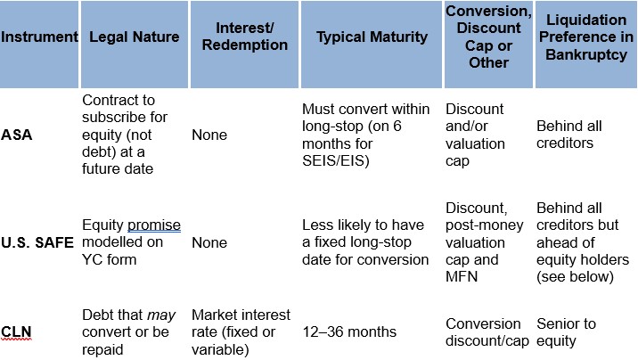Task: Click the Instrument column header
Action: [39, 37]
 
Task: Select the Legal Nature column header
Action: [135, 37]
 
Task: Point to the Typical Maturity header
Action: [372, 37]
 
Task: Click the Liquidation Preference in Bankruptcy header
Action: [586, 37]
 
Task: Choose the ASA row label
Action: [17, 135]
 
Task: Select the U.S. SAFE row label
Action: [37, 242]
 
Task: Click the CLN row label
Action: [16, 332]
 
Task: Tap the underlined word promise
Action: [154, 225]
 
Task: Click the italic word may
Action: [161, 315]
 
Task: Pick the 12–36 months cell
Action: [349, 332]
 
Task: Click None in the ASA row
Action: [209, 135]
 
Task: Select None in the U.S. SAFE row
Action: [209, 242]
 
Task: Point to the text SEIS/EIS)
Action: [336, 160]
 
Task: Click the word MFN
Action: [462, 276]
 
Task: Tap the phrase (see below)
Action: [575, 276]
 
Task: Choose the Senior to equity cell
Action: [567, 332]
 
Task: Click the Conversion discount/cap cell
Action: [487, 332]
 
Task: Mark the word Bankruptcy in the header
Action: [586, 54]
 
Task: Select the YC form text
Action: [109, 259]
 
